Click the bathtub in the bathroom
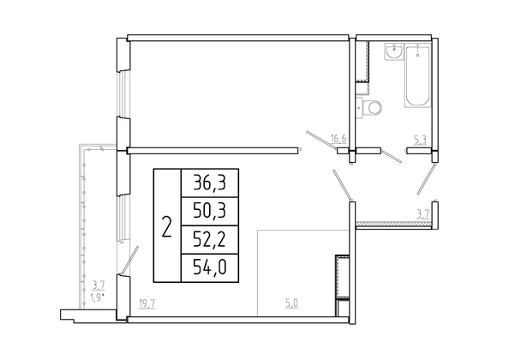tap(417, 76)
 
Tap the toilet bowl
tap(372, 107)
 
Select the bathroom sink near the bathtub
tap(394, 51)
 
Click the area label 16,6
tap(338, 139)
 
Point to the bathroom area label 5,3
tap(420, 140)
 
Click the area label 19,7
tap(147, 304)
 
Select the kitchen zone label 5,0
tap(291, 303)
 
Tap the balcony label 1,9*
tap(99, 296)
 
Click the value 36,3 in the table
tap(209, 183)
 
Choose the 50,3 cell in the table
tap(209, 211)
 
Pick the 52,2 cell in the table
tap(209, 240)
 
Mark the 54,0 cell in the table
tap(209, 268)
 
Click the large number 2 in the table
tap(167, 226)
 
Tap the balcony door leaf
tap(130, 260)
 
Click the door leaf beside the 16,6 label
tap(322, 141)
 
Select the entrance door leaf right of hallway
tap(426, 179)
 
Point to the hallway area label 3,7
tap(423, 213)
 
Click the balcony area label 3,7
tap(99, 285)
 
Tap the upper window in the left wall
tap(123, 94)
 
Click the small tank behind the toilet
tap(359, 107)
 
